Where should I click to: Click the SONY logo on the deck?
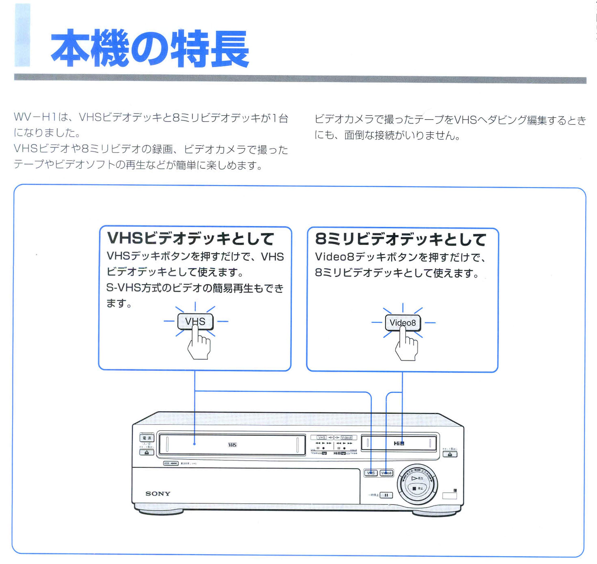(x=158, y=494)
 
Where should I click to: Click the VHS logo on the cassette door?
(x=232, y=445)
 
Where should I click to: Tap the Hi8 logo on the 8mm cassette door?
(x=399, y=443)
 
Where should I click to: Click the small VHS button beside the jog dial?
(x=371, y=473)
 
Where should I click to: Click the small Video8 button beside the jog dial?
(x=386, y=473)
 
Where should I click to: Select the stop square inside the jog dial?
(x=414, y=489)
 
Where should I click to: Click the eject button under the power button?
(x=147, y=452)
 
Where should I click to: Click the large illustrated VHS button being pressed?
(x=195, y=321)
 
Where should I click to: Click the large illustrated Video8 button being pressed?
(x=403, y=322)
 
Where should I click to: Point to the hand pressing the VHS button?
(x=199, y=346)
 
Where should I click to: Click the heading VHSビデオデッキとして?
(x=190, y=238)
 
